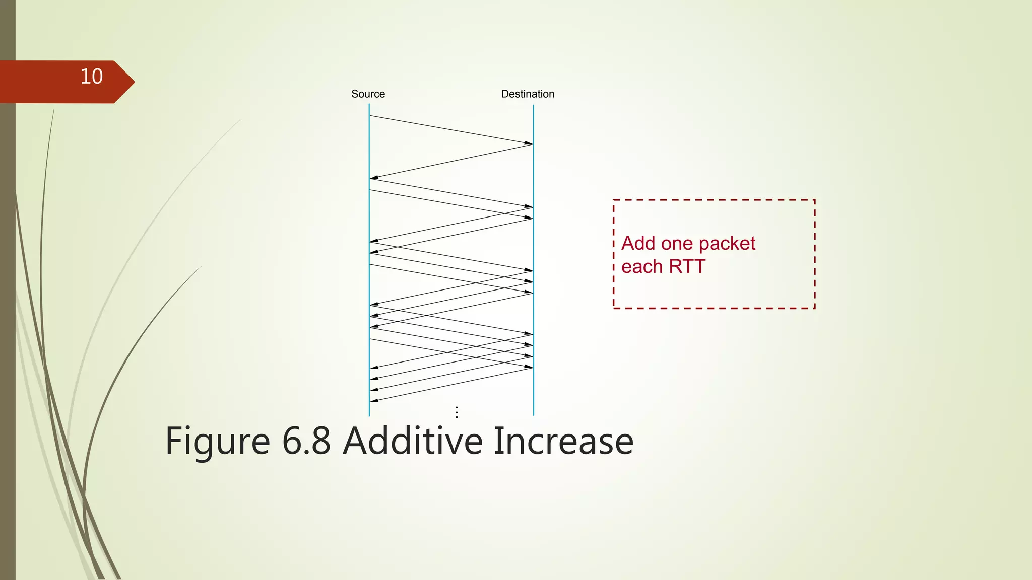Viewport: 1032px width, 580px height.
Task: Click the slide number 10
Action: coord(91,77)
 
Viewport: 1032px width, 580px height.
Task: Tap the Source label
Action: coord(368,94)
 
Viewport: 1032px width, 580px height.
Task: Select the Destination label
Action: coord(528,94)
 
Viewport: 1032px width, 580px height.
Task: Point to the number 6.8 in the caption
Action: coord(306,441)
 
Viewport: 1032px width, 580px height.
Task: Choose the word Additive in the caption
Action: coord(413,441)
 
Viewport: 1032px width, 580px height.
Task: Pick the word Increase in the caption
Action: coord(563,441)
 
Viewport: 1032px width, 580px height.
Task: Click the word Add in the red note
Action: coord(638,244)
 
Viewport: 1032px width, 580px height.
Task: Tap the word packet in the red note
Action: coord(727,244)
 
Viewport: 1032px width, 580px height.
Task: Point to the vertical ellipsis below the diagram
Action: coord(457,412)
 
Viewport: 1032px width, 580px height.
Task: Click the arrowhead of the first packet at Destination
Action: coord(529,143)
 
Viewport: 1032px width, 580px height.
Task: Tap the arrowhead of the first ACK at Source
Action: coord(374,178)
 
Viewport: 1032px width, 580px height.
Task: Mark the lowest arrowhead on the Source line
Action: coord(374,401)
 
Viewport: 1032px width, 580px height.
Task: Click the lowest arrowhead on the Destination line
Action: coord(529,367)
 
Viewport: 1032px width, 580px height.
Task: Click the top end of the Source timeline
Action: coord(369,105)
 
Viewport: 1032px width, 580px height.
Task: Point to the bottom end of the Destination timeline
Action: coord(534,414)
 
